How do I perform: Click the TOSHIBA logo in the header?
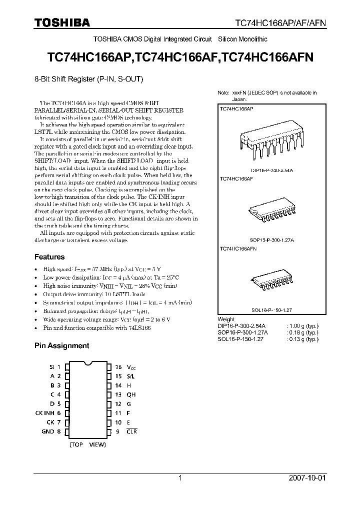61,23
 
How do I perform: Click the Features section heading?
49,257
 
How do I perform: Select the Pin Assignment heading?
61,345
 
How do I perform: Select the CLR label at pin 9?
131,431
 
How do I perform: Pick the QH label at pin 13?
131,394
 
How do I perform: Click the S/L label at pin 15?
131,376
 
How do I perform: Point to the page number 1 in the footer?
180,477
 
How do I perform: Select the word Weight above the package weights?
226,319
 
